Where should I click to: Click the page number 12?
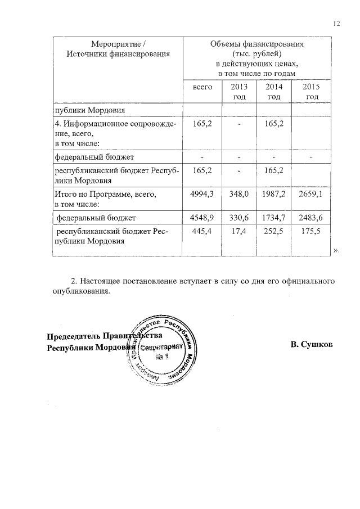(x=337, y=24)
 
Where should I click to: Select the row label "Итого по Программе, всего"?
(x=104, y=194)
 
